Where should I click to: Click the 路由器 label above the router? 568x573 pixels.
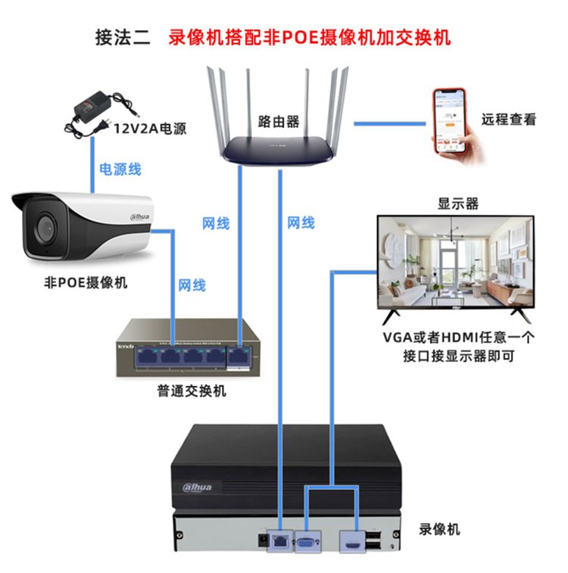tap(278, 120)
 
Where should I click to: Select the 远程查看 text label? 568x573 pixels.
tap(509, 120)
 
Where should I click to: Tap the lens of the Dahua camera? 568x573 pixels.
tap(42, 226)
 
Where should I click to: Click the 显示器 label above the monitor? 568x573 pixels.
tap(458, 204)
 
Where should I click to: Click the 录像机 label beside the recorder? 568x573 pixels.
tap(439, 529)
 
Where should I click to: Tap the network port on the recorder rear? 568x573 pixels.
tap(281, 541)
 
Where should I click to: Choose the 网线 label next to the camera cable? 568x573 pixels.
tap(192, 285)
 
